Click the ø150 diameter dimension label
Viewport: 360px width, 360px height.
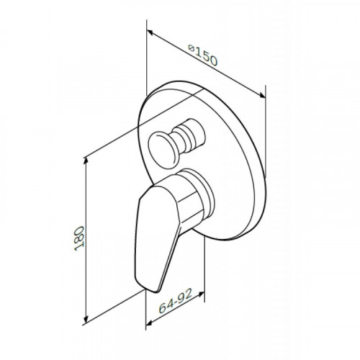203,55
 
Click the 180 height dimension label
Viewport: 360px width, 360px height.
79,238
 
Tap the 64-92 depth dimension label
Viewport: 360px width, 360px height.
176,301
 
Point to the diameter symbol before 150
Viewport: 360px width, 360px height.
191,48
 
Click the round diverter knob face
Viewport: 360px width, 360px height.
163,150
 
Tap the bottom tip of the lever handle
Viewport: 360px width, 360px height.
156,292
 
